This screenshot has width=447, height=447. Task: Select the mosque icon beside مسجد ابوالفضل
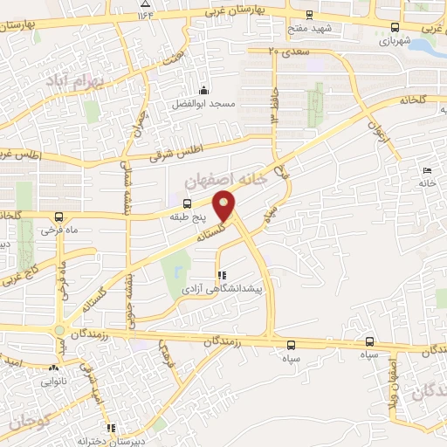pyautogui.click(x=204, y=90)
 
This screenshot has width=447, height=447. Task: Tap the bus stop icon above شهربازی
pyautogui.click(x=395, y=27)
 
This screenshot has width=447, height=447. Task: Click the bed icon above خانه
pyautogui.click(x=426, y=170)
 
